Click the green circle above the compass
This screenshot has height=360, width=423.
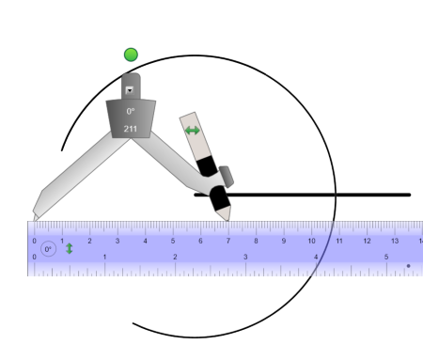click(x=131, y=55)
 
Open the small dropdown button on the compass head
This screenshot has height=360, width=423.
click(x=130, y=90)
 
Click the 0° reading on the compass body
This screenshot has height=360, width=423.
click(x=131, y=111)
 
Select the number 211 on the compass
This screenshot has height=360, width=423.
click(x=131, y=129)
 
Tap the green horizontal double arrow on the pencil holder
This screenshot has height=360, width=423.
click(x=192, y=131)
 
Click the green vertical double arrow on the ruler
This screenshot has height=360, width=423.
click(x=70, y=249)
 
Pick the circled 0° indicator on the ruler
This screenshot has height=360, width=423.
click(x=48, y=249)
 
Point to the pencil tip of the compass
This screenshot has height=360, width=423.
click(x=228, y=220)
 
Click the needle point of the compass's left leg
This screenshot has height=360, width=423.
click(x=35, y=220)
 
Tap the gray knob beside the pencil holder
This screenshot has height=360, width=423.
click(x=227, y=177)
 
